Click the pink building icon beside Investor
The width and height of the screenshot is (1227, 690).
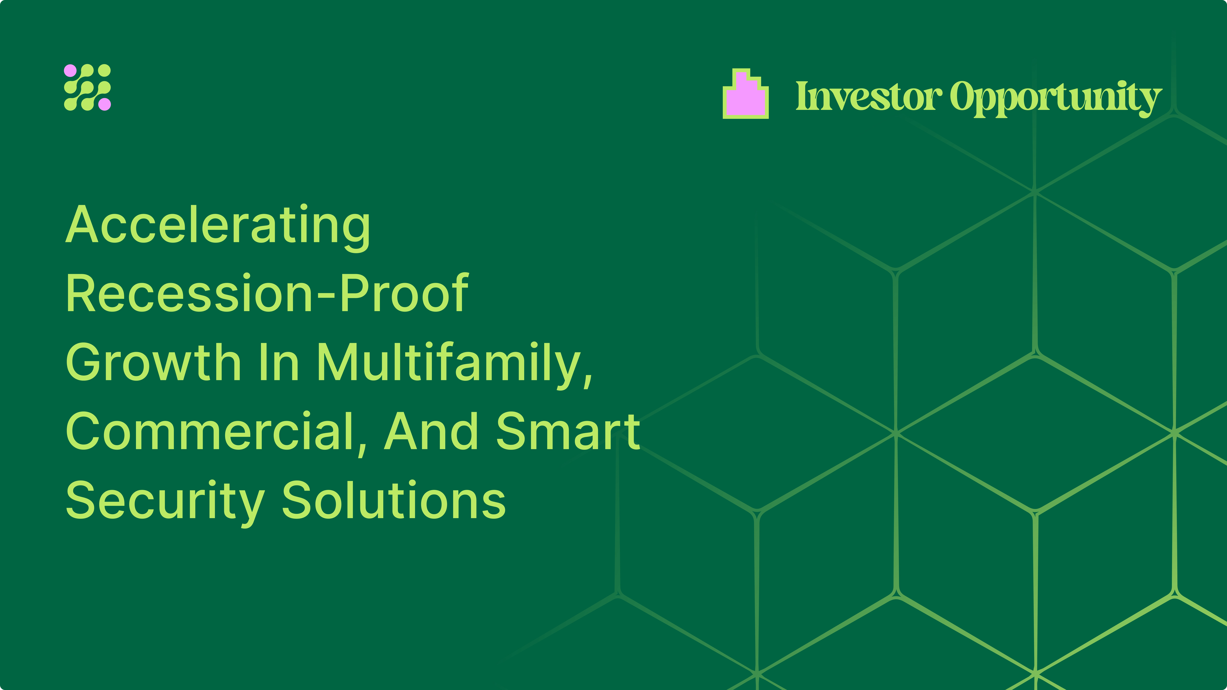point(745,94)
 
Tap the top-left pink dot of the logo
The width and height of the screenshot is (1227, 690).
point(70,70)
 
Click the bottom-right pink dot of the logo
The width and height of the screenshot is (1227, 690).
point(105,104)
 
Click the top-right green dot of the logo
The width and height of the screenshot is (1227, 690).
point(105,70)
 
